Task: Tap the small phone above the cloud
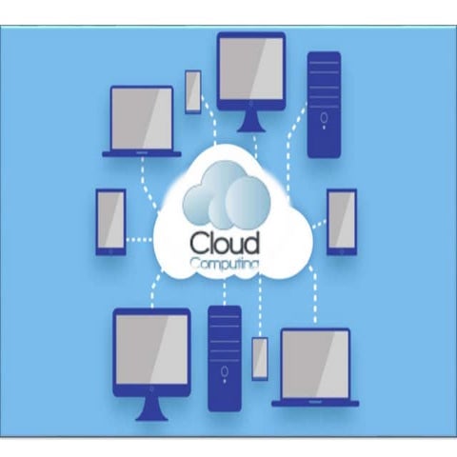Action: coord(193,91)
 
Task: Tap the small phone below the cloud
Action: coord(260,358)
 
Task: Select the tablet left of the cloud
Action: coord(110,221)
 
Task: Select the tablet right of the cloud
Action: coord(341,220)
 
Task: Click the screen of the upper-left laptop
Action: coord(142,118)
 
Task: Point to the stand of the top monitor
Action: coord(250,121)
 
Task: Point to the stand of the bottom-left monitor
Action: coord(151,407)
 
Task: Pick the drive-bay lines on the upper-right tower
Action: coord(324,75)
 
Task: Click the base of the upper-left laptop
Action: coord(142,152)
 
